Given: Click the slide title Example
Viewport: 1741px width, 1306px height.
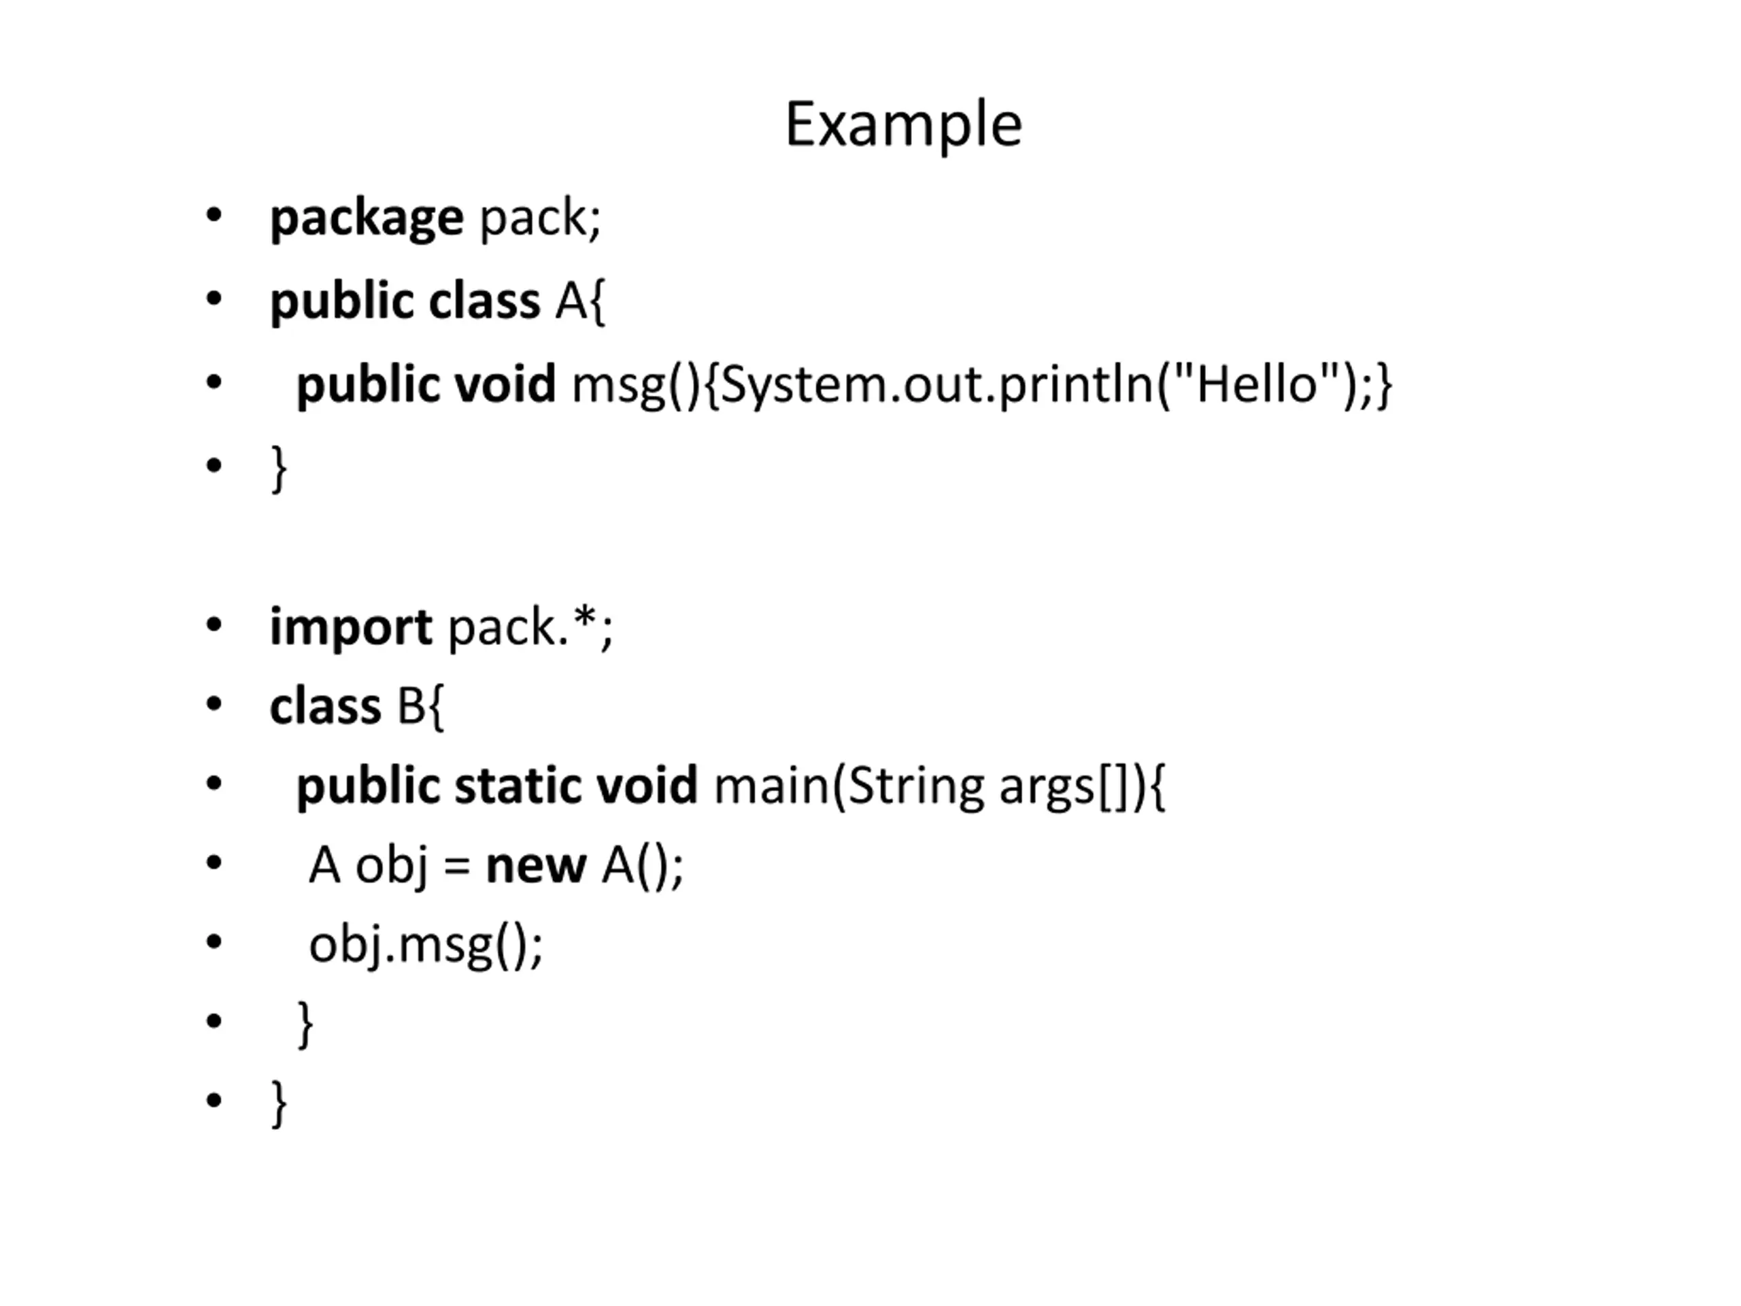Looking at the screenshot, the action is click(x=904, y=124).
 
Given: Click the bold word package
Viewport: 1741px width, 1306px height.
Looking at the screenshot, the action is click(x=367, y=220).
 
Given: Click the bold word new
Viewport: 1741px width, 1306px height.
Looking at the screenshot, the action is click(x=536, y=867).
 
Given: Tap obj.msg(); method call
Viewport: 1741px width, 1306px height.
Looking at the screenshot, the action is click(x=426, y=946).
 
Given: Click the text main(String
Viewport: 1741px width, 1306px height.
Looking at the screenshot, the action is click(x=849, y=787).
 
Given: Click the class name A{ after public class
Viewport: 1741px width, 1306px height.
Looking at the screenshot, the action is click(x=580, y=301).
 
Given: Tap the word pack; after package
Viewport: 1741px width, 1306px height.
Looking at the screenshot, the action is click(x=541, y=220).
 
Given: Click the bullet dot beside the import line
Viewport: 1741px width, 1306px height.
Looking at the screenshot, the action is click(x=214, y=626).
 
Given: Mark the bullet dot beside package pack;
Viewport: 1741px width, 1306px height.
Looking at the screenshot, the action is click(x=214, y=216).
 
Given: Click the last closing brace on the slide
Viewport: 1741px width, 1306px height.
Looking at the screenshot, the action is click(x=279, y=1105).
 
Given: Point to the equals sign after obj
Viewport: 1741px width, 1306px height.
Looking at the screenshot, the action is click(x=456, y=867).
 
